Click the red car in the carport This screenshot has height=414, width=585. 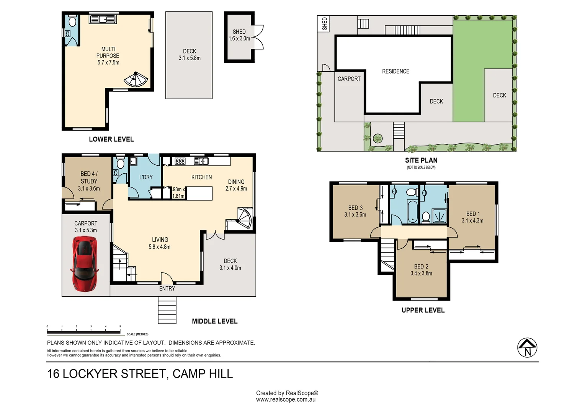tap(85, 264)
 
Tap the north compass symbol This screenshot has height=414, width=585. tap(527, 348)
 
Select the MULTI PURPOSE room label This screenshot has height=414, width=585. tap(108, 52)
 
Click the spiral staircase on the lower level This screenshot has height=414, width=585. tap(136, 79)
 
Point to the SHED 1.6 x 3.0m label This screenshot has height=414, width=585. tap(239, 35)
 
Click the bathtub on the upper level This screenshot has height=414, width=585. tap(413, 212)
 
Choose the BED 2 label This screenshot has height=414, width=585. tap(421, 266)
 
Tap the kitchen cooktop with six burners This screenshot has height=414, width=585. tap(180, 161)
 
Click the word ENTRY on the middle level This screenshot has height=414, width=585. tap(167, 289)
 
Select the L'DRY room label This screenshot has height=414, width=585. tap(146, 177)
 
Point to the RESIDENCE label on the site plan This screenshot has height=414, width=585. tap(395, 71)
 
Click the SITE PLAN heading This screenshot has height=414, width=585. tap(421, 160)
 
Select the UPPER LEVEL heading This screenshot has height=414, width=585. tap(423, 310)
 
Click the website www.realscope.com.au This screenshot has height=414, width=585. tap(286, 399)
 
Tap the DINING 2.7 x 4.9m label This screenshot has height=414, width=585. tap(236, 185)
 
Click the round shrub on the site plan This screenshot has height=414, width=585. tap(377, 138)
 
